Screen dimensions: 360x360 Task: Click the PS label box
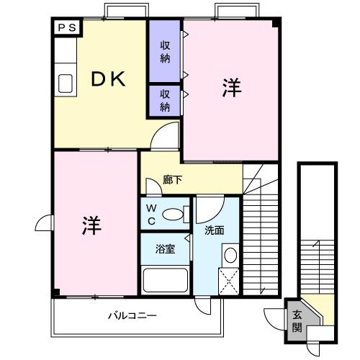(68, 28)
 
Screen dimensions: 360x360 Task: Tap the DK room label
(107, 79)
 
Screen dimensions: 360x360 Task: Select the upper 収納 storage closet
(165, 52)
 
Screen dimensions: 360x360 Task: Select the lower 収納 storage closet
(165, 101)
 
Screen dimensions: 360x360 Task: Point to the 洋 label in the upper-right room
(230, 89)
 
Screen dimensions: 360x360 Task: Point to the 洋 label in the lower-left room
(91, 225)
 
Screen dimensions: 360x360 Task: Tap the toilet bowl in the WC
(172, 214)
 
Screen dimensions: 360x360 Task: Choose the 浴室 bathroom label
(166, 250)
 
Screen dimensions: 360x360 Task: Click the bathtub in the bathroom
(165, 279)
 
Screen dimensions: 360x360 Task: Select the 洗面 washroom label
(215, 231)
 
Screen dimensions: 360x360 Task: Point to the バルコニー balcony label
(132, 315)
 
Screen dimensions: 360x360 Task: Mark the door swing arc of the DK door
(167, 135)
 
